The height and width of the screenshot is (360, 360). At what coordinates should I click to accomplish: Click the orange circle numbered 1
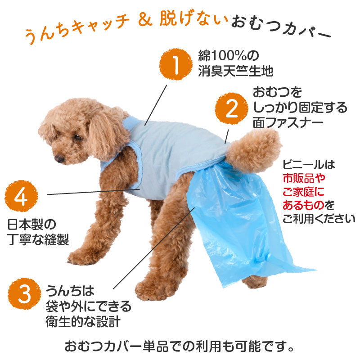[176, 64]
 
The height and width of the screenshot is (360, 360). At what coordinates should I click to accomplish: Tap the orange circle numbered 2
[231, 108]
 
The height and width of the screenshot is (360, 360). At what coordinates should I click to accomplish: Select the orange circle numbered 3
[24, 294]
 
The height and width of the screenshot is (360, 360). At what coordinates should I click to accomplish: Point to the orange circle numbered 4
[21, 196]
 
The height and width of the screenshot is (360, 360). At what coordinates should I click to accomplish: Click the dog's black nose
[59, 159]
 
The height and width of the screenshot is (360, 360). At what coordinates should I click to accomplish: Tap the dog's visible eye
[78, 138]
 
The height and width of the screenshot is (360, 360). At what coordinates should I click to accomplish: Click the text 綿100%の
[229, 55]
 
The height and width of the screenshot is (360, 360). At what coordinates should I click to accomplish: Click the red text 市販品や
[304, 178]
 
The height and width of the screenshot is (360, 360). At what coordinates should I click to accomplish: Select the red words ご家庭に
[303, 192]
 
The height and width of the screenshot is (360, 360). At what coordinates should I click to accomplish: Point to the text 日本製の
[31, 224]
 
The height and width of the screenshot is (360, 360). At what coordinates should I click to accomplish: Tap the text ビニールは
[309, 165]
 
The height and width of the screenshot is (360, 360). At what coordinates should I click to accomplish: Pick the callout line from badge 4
[94, 192]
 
